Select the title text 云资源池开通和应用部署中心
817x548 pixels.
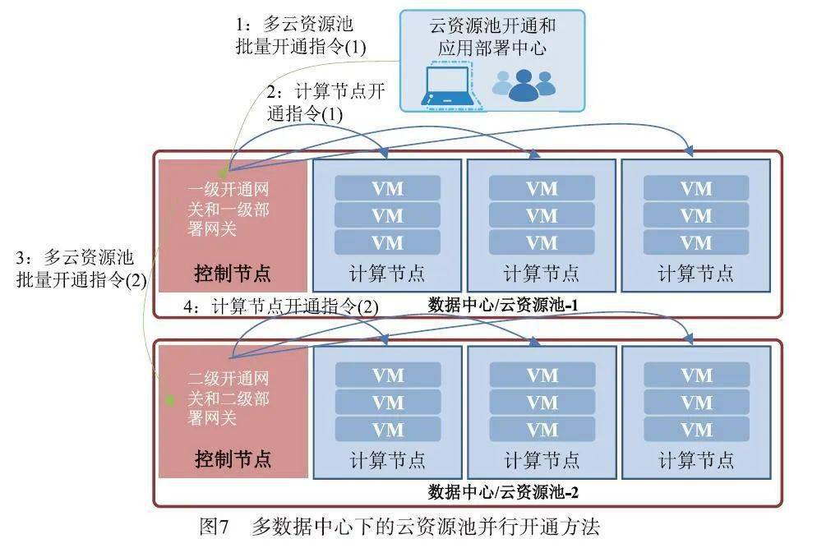coord(492,37)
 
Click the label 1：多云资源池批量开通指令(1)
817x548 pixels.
coord(299,35)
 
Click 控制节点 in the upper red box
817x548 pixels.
coord(233,272)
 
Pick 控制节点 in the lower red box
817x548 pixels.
coord(233,458)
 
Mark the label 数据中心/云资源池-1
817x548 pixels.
coord(504,306)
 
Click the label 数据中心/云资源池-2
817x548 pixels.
coord(504,492)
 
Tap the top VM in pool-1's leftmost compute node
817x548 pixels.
coord(387,188)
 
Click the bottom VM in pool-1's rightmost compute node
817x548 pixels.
coord(695,242)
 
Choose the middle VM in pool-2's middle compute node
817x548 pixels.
coord(542,403)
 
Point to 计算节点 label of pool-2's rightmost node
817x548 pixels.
coord(695,459)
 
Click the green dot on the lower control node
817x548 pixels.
coord(170,401)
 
